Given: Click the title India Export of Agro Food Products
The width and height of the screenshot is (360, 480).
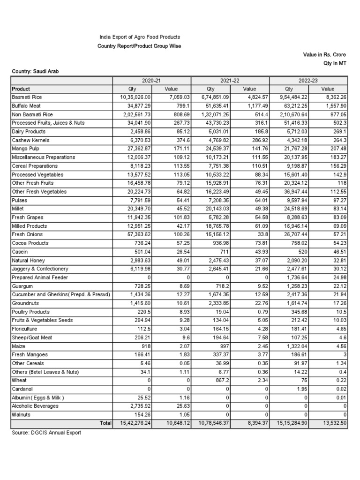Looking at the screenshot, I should tap(139, 37).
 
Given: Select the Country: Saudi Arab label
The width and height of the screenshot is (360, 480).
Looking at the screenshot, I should tap(36, 71).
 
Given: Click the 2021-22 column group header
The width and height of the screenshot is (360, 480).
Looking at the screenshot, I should tap(230, 80).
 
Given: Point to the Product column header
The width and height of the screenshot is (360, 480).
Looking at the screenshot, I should tap(21, 89).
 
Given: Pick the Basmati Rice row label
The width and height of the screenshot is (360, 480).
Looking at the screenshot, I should tap(27, 97).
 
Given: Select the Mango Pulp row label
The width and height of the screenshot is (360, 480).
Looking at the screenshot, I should tap(26, 149).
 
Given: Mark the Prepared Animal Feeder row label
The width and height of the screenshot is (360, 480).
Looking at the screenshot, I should tap(40, 277).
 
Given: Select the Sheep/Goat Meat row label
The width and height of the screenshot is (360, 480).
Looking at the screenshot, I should tap(32, 337).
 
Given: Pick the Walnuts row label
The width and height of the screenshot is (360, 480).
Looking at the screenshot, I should tap(21, 415).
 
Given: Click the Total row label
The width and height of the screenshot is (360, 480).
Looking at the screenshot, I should tap(105, 423).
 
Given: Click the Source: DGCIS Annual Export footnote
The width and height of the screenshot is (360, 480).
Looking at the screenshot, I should tap(46, 433).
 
